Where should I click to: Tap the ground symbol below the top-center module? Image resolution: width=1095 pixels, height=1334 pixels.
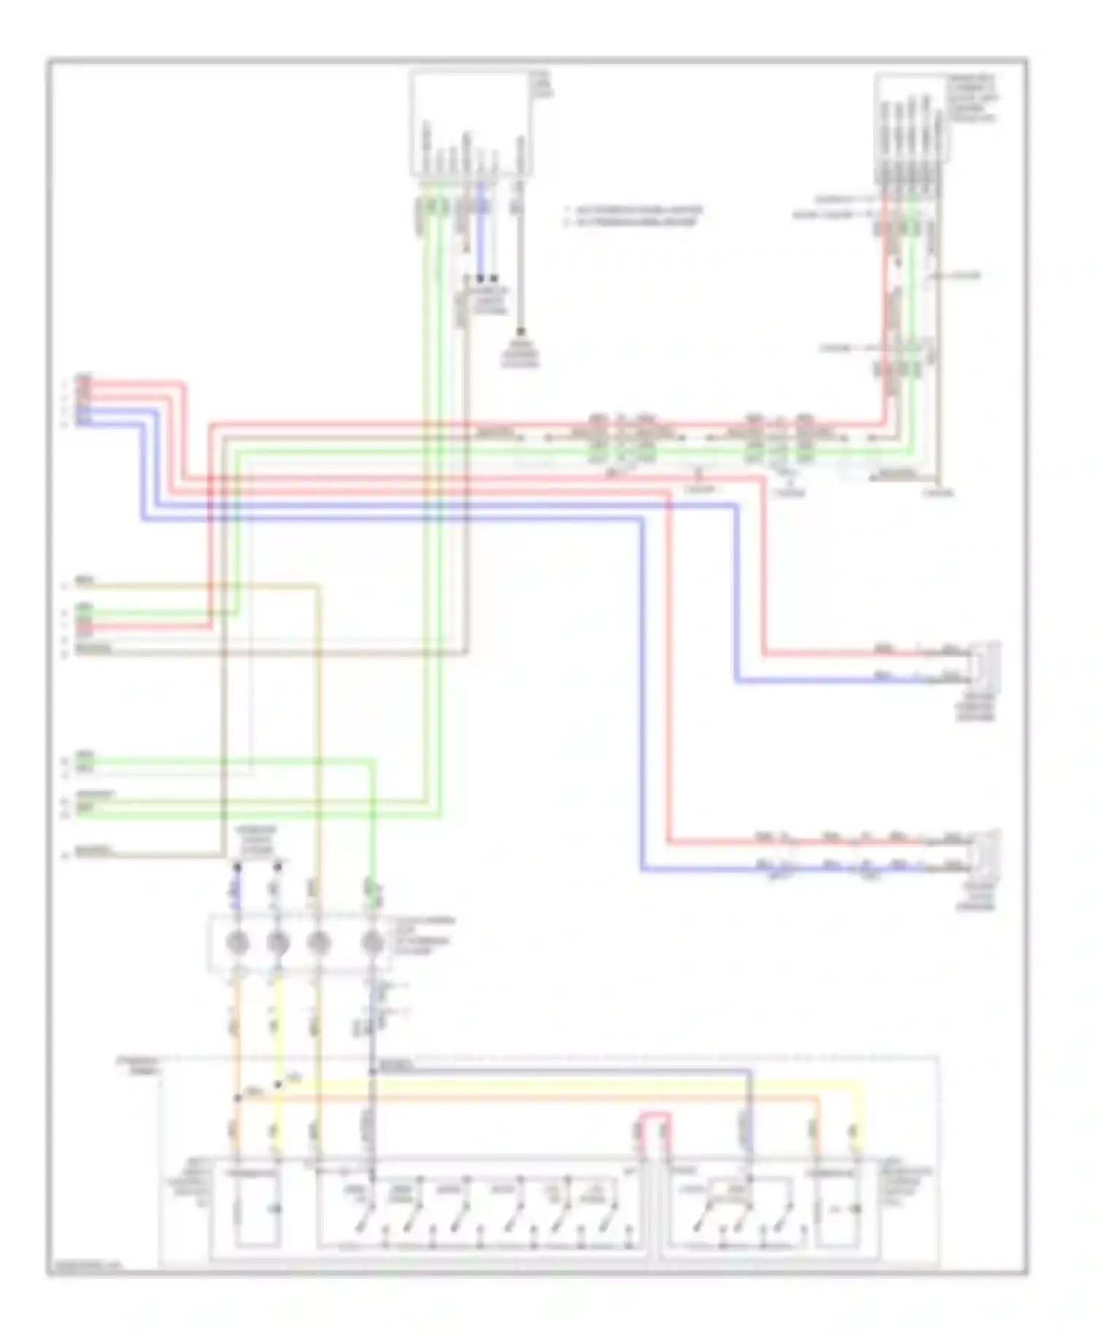[520, 333]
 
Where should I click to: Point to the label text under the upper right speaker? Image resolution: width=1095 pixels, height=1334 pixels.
[976, 707]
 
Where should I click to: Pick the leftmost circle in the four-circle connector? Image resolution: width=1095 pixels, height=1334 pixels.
[237, 943]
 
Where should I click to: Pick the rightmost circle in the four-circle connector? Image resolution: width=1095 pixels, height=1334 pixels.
[373, 943]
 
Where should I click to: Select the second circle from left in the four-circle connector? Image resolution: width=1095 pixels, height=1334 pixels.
[277, 943]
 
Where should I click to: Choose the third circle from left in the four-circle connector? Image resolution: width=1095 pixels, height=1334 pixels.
[318, 943]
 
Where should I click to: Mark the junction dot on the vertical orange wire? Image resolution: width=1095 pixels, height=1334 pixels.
[237, 1098]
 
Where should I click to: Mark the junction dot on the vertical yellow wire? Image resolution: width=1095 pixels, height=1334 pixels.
[277, 1085]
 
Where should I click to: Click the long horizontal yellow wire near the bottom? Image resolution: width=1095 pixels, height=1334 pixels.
[569, 1085]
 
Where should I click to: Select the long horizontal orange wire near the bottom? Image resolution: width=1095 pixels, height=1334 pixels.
[526, 1098]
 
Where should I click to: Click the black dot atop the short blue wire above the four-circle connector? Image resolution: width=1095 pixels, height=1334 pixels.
[237, 867]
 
